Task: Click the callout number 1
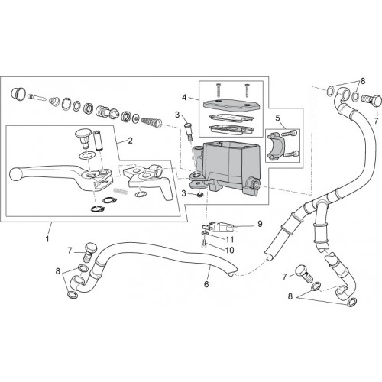coord(47,239)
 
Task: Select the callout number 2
coord(130,141)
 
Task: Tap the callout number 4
coord(184,97)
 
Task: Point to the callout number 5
coord(277,118)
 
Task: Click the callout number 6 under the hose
coord(206,284)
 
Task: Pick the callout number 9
coord(260,224)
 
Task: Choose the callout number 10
coord(229,250)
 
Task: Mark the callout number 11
coord(229,239)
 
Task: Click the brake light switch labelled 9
coord(220,226)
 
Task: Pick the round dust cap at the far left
coord(18,93)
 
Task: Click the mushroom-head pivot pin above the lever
coord(84,138)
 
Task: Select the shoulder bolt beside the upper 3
coord(188,131)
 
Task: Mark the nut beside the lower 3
coord(201,196)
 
